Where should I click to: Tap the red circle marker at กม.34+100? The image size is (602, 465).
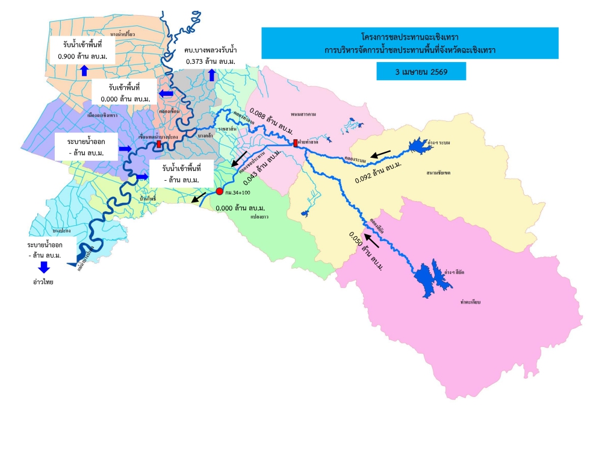pyautogui.click(x=220, y=192)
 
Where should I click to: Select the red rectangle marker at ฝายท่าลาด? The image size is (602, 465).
pyautogui.click(x=295, y=143)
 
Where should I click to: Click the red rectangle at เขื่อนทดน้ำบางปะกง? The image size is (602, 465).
pyautogui.click(x=159, y=145)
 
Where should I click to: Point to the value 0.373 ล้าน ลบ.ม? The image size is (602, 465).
pyautogui.click(x=211, y=61)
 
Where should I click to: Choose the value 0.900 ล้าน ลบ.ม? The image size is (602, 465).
pyautogui.click(x=84, y=55)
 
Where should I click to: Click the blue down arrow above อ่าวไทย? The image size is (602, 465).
pyautogui.click(x=45, y=267)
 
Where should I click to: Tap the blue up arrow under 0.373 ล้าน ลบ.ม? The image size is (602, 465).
pyautogui.click(x=211, y=75)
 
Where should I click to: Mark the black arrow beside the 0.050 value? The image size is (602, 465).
pyautogui.click(x=373, y=240)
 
